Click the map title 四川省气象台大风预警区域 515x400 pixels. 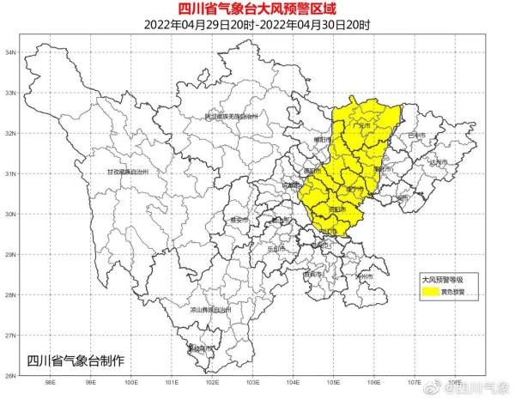pos(257,9)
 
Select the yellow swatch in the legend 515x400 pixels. pos(429,291)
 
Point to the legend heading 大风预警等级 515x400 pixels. pos(442,279)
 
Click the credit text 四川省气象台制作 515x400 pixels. pos(76,359)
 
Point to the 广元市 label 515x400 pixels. pos(365,125)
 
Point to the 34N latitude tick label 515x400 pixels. pos(12,52)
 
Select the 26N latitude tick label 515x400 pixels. pos(12,375)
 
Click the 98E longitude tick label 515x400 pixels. pos(51,384)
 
